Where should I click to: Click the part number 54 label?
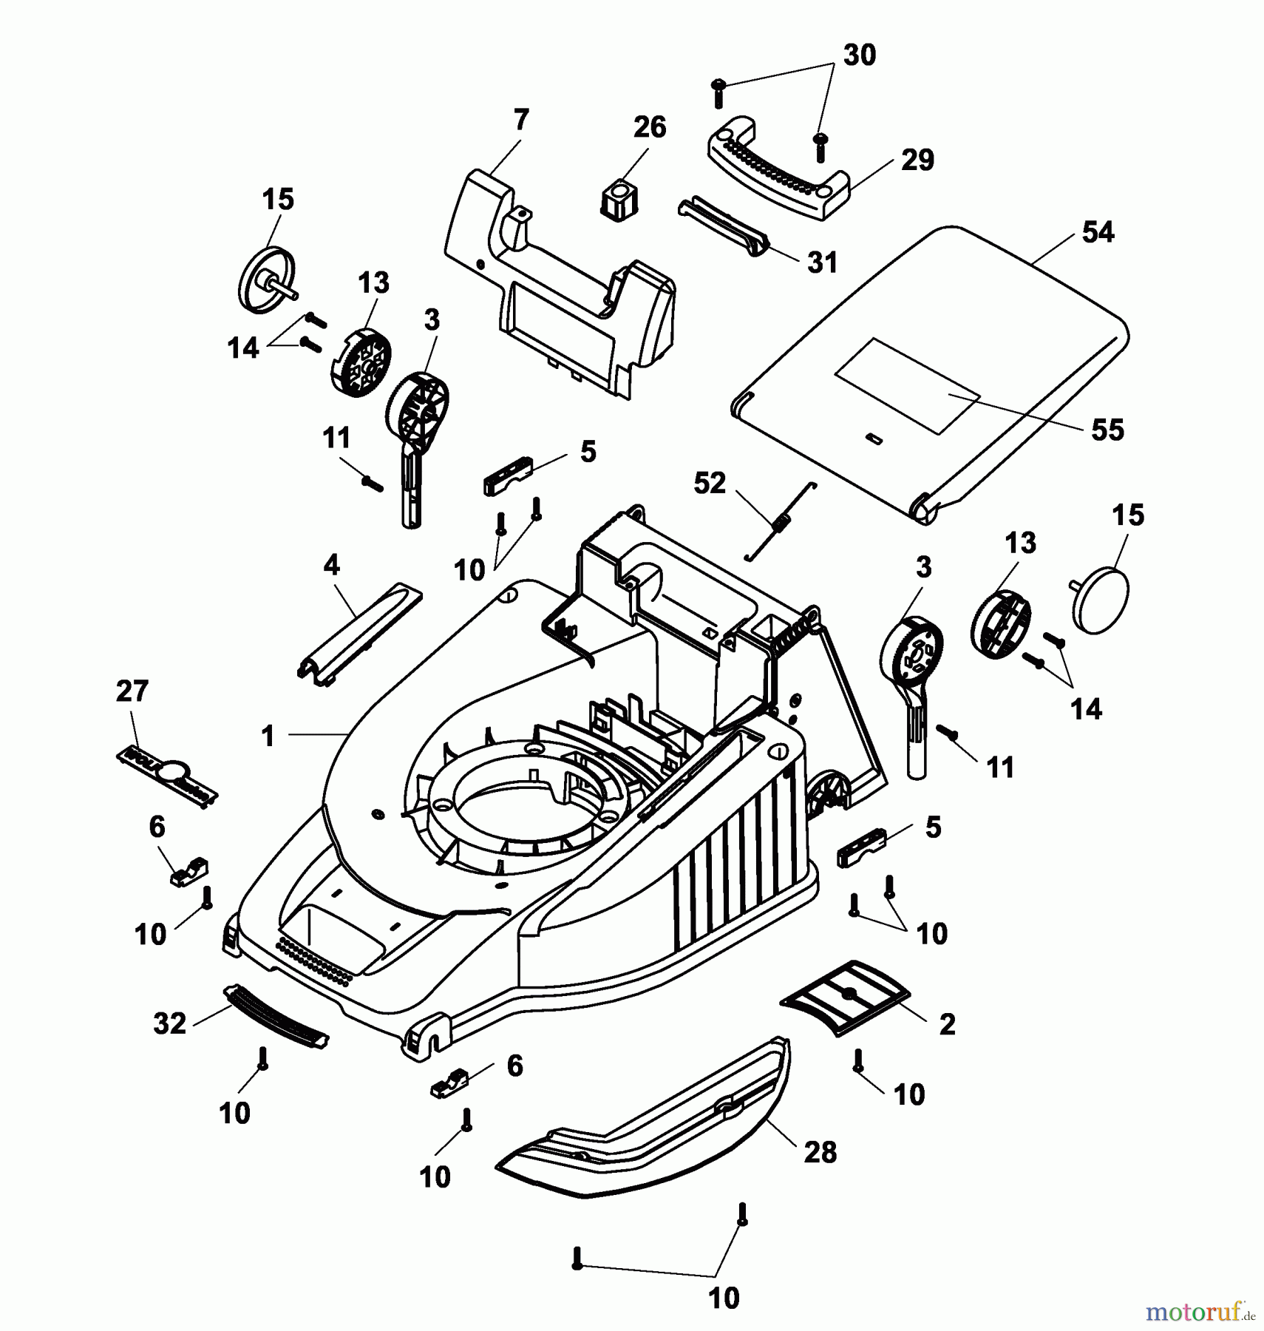pyautogui.click(x=1097, y=232)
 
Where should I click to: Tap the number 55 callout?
pyautogui.click(x=1107, y=430)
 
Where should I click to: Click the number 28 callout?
pyautogui.click(x=820, y=1152)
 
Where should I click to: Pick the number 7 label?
pyautogui.click(x=520, y=120)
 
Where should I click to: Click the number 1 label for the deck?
pyautogui.click(x=268, y=736)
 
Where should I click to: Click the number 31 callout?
pyautogui.click(x=822, y=262)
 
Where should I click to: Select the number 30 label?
pyautogui.click(x=859, y=55)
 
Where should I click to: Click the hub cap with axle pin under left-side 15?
pyautogui.click(x=268, y=282)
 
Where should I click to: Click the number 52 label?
pyautogui.click(x=709, y=484)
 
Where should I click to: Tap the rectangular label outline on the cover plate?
pyautogui.click(x=907, y=386)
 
